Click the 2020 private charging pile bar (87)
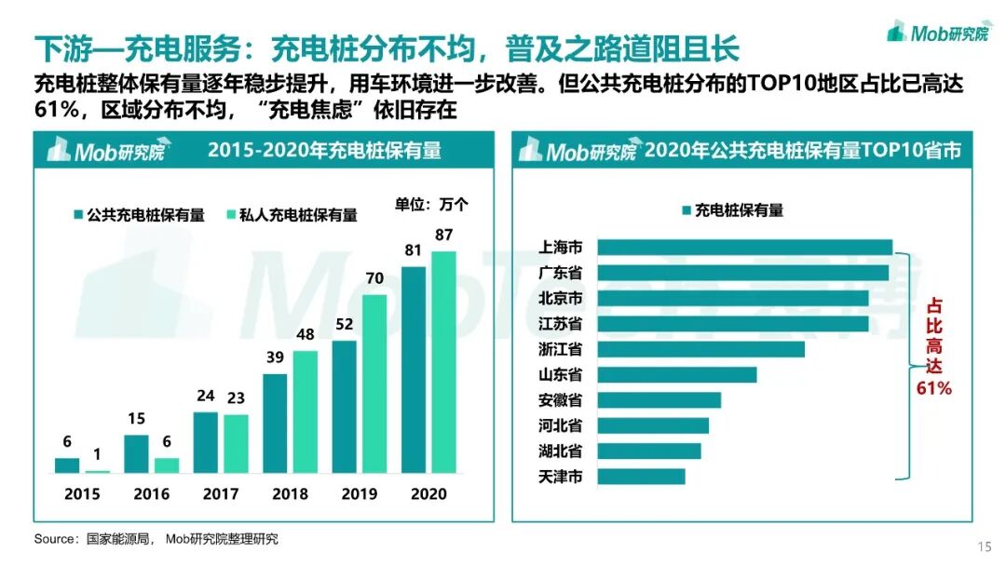click(x=444, y=362)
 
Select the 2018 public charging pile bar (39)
click(x=275, y=424)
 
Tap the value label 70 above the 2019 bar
click(x=374, y=277)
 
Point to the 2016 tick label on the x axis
click(x=152, y=494)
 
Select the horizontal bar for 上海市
click(x=744, y=248)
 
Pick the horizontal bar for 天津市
click(x=641, y=477)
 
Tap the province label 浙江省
click(x=561, y=349)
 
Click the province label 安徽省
click(x=561, y=400)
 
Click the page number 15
click(x=985, y=546)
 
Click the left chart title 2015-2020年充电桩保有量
click(x=324, y=151)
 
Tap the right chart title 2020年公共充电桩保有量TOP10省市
click(x=802, y=151)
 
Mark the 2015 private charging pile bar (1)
click(x=98, y=471)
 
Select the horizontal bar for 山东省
click(x=676, y=375)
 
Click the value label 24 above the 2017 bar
click(x=206, y=397)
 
